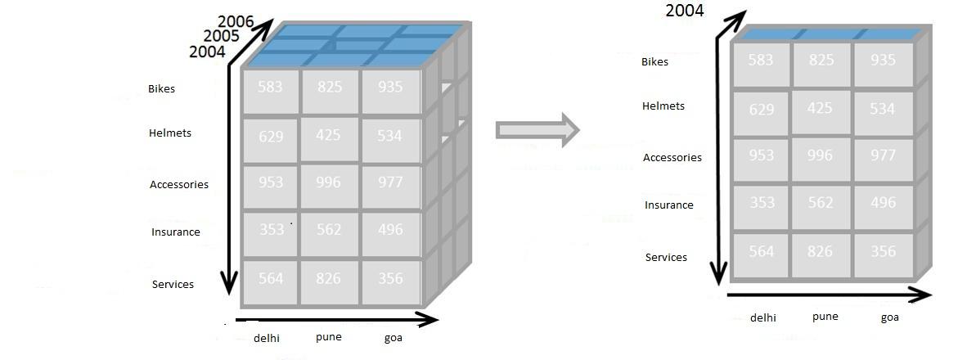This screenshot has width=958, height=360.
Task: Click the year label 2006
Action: tap(236, 21)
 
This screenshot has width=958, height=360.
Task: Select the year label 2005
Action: tap(221, 36)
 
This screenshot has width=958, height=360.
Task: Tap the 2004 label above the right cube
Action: tap(684, 11)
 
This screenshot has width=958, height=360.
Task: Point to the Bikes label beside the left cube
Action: tap(161, 88)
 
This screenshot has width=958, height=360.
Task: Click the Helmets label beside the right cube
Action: tap(663, 106)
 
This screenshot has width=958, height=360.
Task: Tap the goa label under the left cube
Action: tap(393, 337)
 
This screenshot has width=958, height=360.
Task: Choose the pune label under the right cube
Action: tap(825, 317)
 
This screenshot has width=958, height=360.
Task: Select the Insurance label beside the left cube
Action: tap(175, 232)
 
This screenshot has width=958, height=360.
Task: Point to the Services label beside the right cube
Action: tap(666, 257)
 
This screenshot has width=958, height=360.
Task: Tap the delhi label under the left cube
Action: tap(268, 337)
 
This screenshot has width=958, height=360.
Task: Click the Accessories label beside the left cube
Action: tap(178, 184)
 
